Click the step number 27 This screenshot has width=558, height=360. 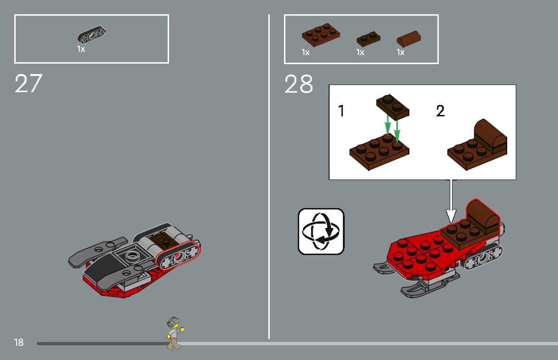point(28,84)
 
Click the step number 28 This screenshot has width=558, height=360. point(299,85)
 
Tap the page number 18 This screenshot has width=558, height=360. point(19,342)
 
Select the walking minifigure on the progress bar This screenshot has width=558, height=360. point(174,333)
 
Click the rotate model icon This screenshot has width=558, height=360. point(321,231)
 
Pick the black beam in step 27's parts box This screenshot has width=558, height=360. point(92,36)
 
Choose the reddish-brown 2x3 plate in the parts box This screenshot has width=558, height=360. point(321,35)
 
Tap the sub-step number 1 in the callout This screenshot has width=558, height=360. point(341,111)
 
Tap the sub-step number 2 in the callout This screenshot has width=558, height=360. point(440,111)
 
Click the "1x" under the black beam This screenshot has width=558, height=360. point(81,49)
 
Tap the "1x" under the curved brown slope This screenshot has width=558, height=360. point(401,52)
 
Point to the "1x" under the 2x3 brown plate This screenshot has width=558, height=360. point(305,52)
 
